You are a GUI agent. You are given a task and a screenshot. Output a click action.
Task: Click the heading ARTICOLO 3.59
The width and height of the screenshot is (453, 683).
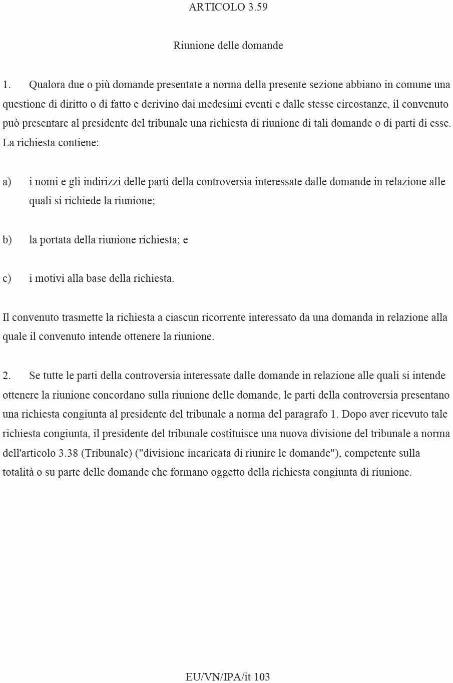tap(228, 7)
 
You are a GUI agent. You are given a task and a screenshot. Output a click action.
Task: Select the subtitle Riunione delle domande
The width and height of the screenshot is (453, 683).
tap(228, 46)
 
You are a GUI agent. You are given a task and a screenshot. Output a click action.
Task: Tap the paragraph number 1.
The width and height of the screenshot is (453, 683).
tap(7, 85)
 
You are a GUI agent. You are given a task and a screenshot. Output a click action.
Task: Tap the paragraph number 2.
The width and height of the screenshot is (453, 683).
tap(7, 376)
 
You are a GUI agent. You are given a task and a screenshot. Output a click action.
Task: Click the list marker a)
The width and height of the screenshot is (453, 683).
tap(7, 182)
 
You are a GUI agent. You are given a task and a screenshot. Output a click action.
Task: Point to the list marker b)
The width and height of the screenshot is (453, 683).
tap(7, 240)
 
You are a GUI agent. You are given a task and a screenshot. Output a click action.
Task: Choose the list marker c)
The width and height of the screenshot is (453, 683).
tap(7, 278)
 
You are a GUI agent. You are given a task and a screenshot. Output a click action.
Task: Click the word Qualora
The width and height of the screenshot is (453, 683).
tap(47, 85)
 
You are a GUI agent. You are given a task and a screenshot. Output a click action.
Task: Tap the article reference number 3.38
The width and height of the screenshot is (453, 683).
tap(68, 453)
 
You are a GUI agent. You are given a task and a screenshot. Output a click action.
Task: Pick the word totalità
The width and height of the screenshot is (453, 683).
tap(19, 472)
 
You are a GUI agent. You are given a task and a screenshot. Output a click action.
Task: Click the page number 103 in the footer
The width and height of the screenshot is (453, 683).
tap(262, 677)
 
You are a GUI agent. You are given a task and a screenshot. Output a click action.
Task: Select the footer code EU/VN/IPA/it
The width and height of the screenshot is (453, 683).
tap(218, 677)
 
